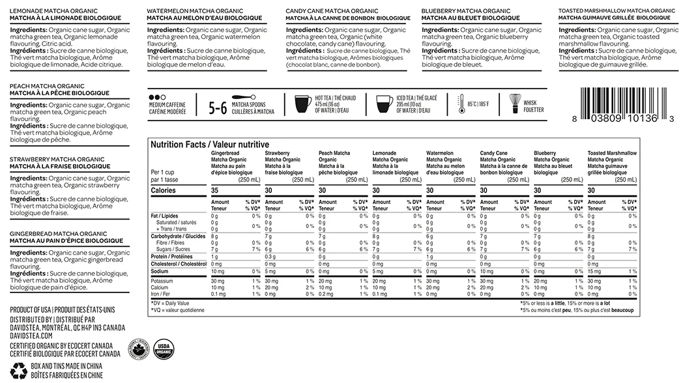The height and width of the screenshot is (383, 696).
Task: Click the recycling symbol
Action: click(18, 371)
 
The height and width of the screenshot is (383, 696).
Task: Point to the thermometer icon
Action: click(461, 104)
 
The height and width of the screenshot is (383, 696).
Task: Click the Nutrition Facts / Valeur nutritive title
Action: click(201, 145)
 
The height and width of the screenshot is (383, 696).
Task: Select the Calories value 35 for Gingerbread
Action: click(215, 190)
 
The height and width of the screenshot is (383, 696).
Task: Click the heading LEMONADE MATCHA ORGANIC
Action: click(51, 12)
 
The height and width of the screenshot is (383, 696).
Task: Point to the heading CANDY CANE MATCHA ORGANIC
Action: click(331, 12)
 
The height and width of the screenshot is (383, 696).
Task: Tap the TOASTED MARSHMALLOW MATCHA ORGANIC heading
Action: click(616, 12)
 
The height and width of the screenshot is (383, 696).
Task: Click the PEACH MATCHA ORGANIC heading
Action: click(47, 87)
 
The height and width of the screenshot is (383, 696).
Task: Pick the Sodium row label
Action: click(160, 271)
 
